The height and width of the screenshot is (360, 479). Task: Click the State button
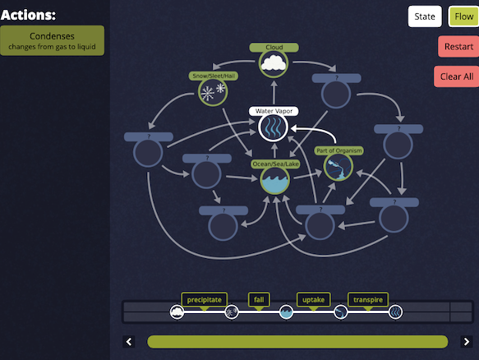[x=425, y=16]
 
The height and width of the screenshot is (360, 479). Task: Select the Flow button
[x=463, y=16]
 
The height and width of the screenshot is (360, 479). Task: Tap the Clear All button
[x=457, y=76]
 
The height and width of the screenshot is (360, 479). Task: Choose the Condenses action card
[x=52, y=40]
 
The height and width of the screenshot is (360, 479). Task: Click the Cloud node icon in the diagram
[x=274, y=63]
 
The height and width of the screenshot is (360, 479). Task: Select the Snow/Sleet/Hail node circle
[x=213, y=92]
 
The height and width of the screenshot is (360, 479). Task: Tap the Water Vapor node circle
[x=274, y=127]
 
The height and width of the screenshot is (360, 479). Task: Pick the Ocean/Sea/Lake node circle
[x=274, y=180]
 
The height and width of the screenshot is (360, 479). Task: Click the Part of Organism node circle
[x=339, y=167]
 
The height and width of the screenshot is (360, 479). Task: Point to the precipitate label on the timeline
[x=204, y=300]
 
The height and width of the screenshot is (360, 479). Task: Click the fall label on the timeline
[x=259, y=300]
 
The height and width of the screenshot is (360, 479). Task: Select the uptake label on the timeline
[x=313, y=300]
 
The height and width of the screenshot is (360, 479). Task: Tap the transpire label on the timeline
[x=368, y=300]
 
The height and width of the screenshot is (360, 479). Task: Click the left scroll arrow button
[x=129, y=341]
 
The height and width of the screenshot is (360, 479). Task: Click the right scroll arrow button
[x=467, y=341]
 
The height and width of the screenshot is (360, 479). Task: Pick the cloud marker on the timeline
[x=177, y=312]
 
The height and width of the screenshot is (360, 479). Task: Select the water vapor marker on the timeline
[x=395, y=312]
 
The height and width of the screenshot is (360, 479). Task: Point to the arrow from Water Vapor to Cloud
[x=274, y=93]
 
